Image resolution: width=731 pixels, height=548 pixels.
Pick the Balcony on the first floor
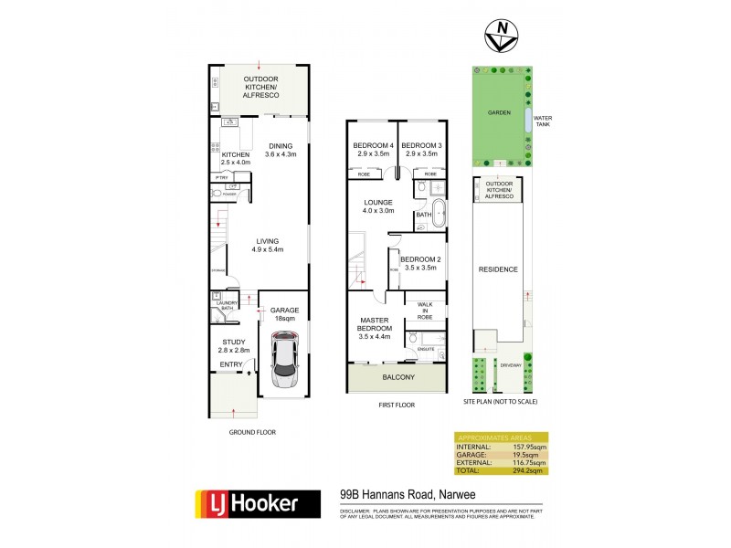pos(397,377)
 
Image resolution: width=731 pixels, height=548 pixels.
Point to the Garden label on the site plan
pos(499,113)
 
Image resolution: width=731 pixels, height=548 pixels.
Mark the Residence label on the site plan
pos(499,269)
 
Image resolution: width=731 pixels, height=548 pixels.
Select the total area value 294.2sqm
pos(528,470)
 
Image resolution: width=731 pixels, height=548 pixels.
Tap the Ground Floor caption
pos(251,432)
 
